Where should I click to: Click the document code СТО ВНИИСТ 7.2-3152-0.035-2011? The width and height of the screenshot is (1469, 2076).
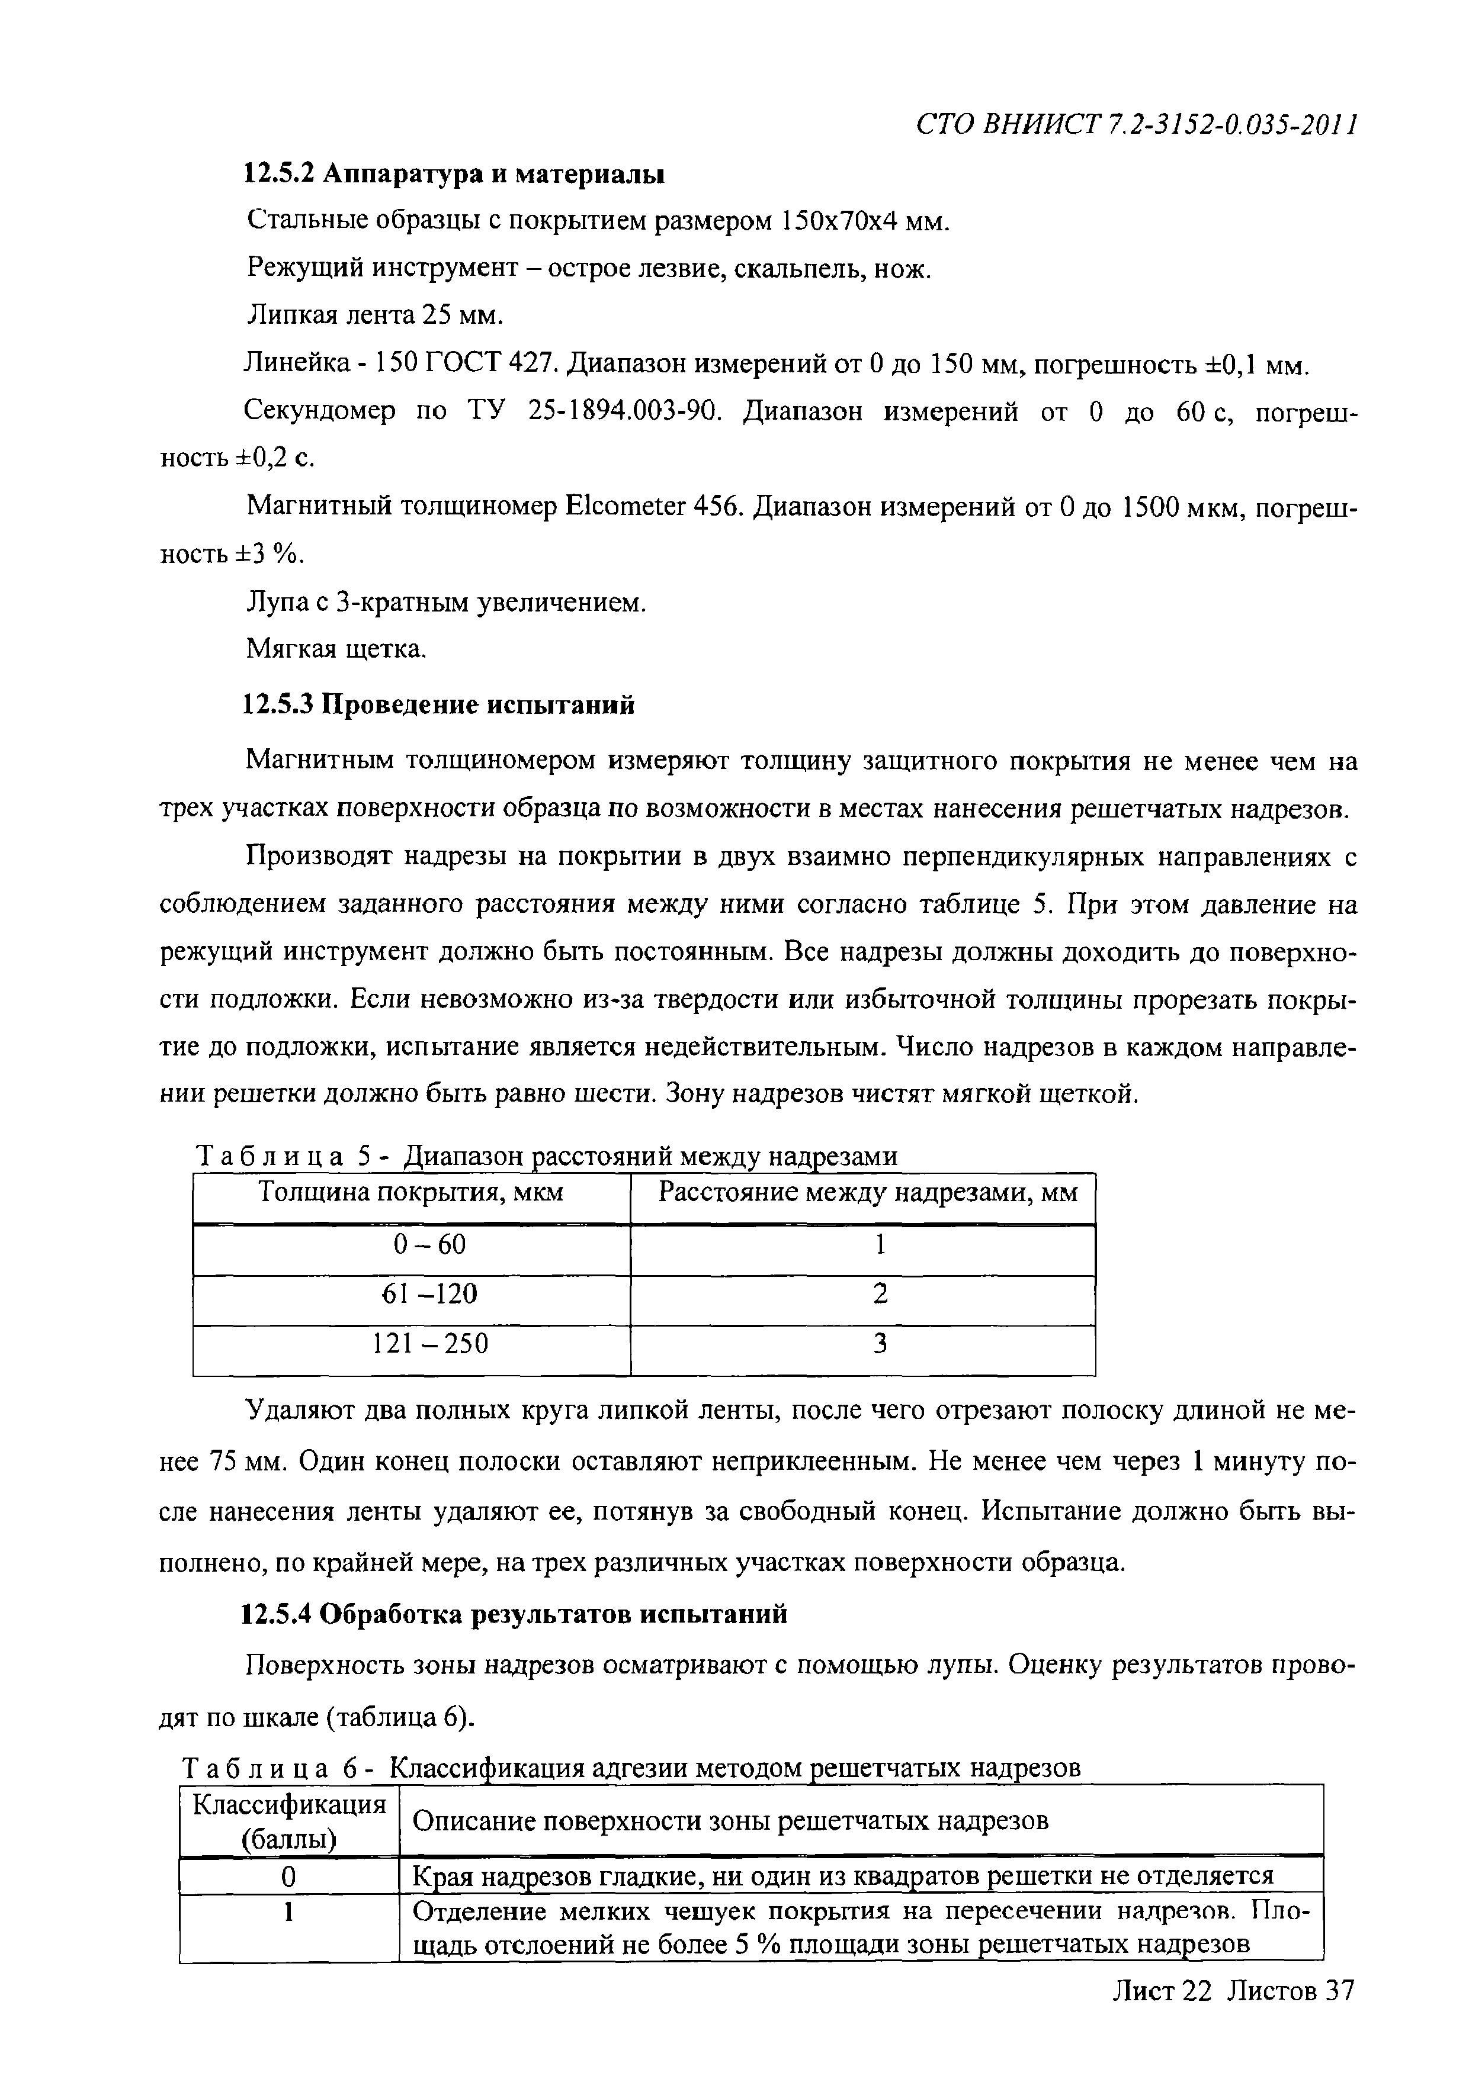point(1137,125)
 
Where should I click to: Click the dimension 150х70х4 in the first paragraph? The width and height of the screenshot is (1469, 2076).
point(839,221)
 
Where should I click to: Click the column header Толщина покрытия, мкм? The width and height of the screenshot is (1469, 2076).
point(412,1193)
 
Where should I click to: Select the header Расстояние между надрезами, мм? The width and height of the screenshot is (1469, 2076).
point(867,1193)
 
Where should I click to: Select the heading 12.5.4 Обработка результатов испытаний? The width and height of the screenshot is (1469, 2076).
point(514,1613)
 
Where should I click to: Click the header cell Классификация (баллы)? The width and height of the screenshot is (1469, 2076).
point(288,1822)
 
